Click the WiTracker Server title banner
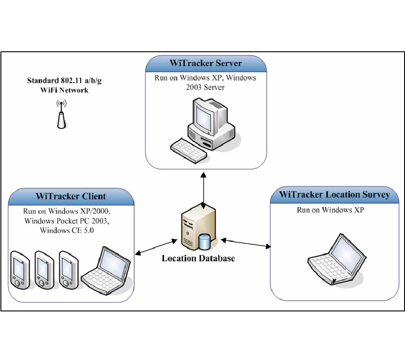(x=206, y=63)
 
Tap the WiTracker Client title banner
(x=71, y=197)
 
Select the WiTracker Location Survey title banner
(x=334, y=195)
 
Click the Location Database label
(x=198, y=259)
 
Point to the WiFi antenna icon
(x=61, y=116)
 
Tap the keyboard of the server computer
(x=189, y=148)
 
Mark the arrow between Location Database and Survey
(x=247, y=243)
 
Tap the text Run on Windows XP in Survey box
(x=330, y=211)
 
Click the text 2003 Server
(x=205, y=87)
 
